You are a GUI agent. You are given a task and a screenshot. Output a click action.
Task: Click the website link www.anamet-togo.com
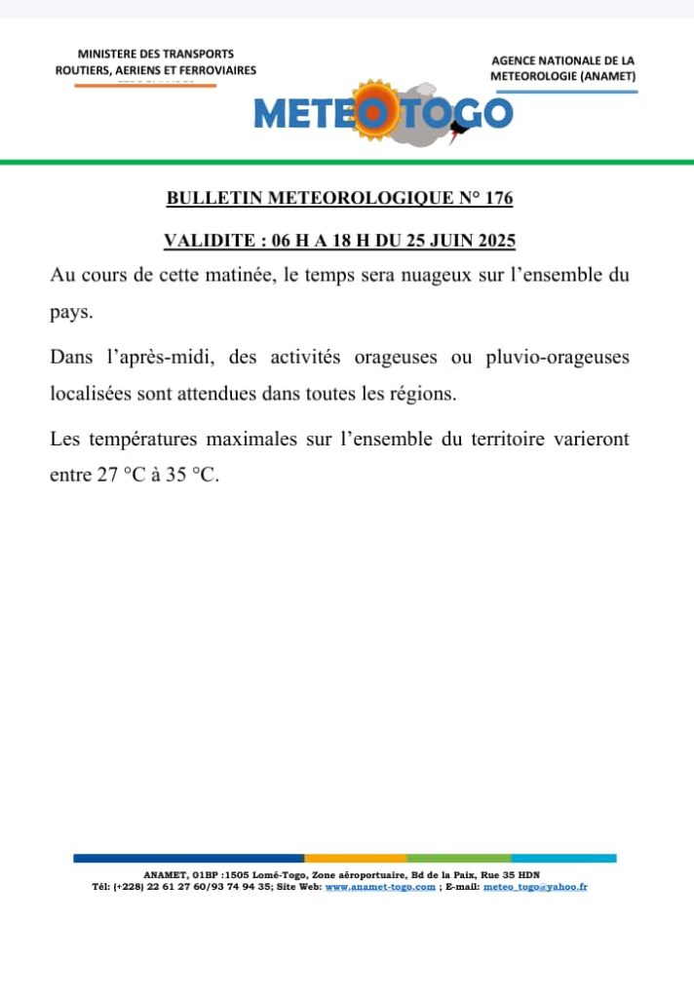coord(380,888)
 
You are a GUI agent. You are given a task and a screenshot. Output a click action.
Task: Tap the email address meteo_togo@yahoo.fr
coord(535,888)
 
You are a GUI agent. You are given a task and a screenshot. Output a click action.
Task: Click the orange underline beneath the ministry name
coord(145,86)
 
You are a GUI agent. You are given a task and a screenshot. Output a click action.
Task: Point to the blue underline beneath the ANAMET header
coord(564,92)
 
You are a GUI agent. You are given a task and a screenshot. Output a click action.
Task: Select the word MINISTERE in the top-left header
coord(106,54)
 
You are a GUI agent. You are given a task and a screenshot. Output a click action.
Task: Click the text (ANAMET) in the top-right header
coord(606,76)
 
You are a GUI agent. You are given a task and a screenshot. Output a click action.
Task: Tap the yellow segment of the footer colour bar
coord(356,858)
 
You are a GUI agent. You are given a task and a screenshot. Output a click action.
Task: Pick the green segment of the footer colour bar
coord(459,858)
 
